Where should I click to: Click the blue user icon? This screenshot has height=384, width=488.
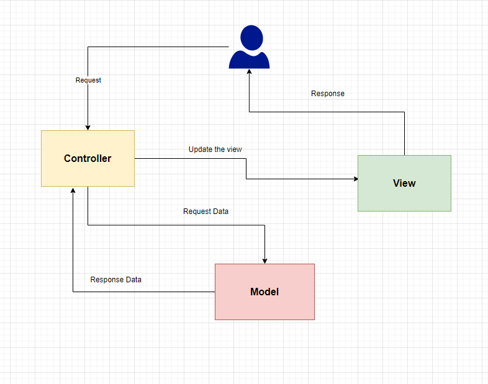(249, 48)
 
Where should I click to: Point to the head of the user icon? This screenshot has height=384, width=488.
(250, 36)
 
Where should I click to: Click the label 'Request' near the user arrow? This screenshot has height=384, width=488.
(88, 80)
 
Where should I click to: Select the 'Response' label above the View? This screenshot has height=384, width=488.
(327, 94)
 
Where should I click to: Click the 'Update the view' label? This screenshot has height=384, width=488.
(215, 150)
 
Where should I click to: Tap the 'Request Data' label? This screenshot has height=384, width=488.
(206, 212)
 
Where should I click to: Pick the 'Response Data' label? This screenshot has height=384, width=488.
(115, 280)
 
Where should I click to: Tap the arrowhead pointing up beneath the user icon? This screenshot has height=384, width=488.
(250, 72)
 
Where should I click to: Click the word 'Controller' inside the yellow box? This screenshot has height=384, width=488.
(88, 158)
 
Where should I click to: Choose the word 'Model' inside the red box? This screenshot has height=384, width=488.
(264, 292)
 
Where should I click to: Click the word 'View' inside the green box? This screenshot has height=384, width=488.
(404, 183)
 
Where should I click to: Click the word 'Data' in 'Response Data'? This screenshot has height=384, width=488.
(132, 280)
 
